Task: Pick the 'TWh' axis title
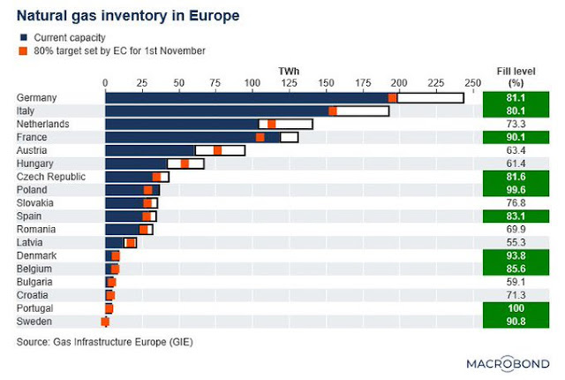coord(288,70)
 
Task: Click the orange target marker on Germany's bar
coord(393,98)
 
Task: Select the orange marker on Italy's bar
coord(333,111)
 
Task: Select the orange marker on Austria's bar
coord(217,150)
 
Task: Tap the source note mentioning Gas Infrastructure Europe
coord(104,340)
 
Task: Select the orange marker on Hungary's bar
coord(185,163)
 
